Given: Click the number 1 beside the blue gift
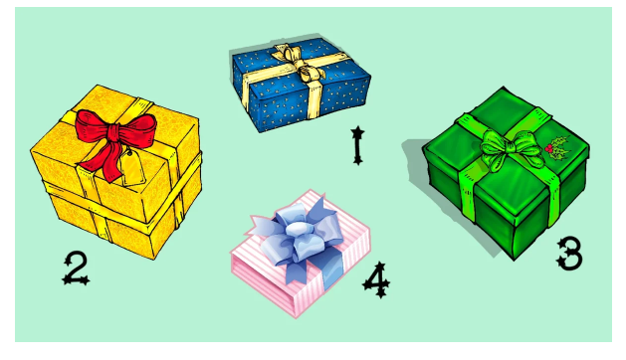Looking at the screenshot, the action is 357,145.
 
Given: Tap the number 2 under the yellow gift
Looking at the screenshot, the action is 76,269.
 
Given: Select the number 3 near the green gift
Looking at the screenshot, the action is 569,254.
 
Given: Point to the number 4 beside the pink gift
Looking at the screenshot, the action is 376,279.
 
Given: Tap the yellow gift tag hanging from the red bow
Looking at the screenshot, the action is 131,168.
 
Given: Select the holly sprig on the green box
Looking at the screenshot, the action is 558,148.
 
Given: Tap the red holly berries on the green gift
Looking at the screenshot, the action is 548,148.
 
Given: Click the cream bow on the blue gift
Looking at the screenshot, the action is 301,62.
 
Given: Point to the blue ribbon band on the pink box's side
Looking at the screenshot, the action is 333,271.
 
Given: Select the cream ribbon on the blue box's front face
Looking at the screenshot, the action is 314,99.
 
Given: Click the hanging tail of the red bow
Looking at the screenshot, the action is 104,162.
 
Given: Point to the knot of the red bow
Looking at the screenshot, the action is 113,132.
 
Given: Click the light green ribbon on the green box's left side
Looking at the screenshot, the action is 468,192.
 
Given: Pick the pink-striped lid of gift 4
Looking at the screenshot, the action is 301,240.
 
